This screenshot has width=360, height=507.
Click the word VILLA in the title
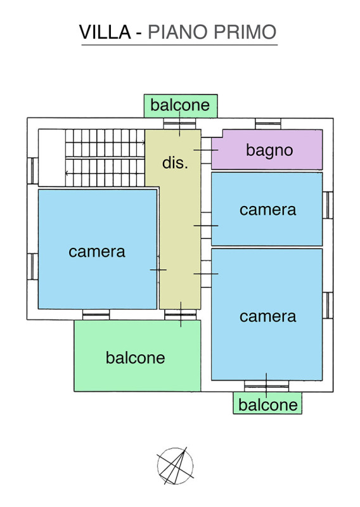pos(105,32)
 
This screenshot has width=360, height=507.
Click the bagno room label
pos(269,150)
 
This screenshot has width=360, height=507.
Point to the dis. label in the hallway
pos(175,162)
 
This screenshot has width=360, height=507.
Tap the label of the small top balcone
pos(180,105)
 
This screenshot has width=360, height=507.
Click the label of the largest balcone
pos(136,357)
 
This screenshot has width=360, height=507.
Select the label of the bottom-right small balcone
pos(268,405)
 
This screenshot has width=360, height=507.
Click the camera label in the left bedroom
pos(97,252)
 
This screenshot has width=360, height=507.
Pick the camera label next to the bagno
pos(268,210)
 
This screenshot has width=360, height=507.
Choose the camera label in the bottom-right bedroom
pos(268,316)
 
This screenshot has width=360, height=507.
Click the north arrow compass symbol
pos(175,466)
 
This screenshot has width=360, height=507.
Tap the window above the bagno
pos(268,124)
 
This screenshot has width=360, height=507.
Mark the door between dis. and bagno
pos(206,150)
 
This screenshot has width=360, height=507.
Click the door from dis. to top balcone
pos(179,124)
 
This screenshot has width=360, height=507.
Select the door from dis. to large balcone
pos(181,314)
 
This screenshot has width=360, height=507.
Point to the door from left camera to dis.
pos(158,269)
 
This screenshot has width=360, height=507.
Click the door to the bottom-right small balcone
pos(267,386)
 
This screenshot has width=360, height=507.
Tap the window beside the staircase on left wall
pos(33,170)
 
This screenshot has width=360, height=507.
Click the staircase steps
pos(105,158)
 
